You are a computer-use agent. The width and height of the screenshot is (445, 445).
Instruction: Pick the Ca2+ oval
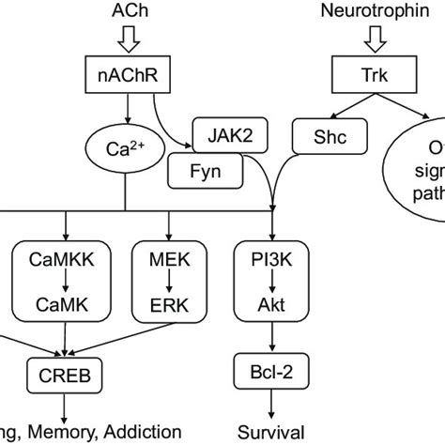(124, 148)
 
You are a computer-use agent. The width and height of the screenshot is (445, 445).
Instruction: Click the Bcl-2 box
(270, 374)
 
